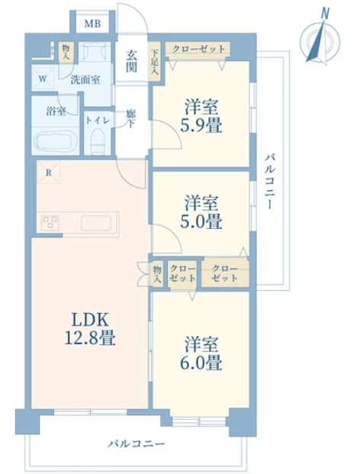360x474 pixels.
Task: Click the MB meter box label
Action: click(x=92, y=23)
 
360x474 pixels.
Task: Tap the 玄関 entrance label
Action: click(x=131, y=61)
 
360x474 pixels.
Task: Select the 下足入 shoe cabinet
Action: click(x=156, y=62)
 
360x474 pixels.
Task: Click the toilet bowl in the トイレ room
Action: click(x=98, y=141)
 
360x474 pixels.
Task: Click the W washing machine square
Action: click(x=43, y=79)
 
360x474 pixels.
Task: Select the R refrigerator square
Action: click(x=48, y=173)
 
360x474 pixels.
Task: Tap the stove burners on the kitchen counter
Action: click(x=50, y=223)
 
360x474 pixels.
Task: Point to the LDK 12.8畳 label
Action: click(x=90, y=329)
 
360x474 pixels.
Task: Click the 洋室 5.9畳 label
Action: click(x=201, y=116)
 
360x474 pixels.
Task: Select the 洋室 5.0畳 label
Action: click(x=201, y=212)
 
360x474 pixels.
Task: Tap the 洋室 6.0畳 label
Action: click(x=201, y=353)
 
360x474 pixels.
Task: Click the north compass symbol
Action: click(x=320, y=38)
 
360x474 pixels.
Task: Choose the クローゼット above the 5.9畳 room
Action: click(x=198, y=50)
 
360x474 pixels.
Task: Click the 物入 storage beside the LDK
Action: click(x=157, y=274)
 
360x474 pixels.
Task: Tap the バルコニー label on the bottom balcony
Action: click(x=137, y=443)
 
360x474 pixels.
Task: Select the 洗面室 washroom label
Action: click(x=85, y=80)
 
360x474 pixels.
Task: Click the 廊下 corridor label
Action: click(x=131, y=119)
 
